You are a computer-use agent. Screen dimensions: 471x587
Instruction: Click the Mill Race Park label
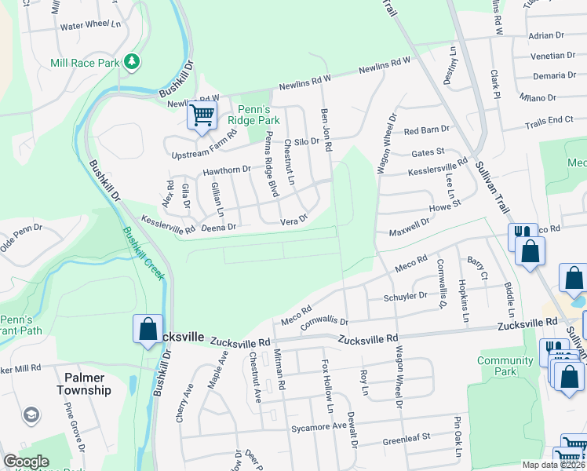(x=84, y=62)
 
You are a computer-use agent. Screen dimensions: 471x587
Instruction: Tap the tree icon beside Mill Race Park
(x=132, y=60)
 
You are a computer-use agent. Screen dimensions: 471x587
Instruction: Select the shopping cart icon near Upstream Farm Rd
(x=202, y=116)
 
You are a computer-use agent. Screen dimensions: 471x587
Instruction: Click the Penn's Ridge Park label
(x=253, y=115)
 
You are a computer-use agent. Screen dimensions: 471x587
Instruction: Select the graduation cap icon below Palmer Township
(x=31, y=414)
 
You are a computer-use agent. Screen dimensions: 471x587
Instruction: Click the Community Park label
(x=505, y=366)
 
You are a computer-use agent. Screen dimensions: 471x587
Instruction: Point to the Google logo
(x=27, y=462)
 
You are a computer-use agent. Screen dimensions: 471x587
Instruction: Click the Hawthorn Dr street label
(x=226, y=169)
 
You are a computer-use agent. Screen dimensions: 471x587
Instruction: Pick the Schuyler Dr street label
(x=405, y=297)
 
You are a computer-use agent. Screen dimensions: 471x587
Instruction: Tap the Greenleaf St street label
(x=407, y=438)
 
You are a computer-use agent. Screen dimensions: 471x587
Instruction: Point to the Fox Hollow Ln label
(x=327, y=387)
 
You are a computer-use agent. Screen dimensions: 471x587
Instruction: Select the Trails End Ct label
(x=549, y=120)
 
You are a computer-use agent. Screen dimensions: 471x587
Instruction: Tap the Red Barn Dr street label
(x=426, y=129)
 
